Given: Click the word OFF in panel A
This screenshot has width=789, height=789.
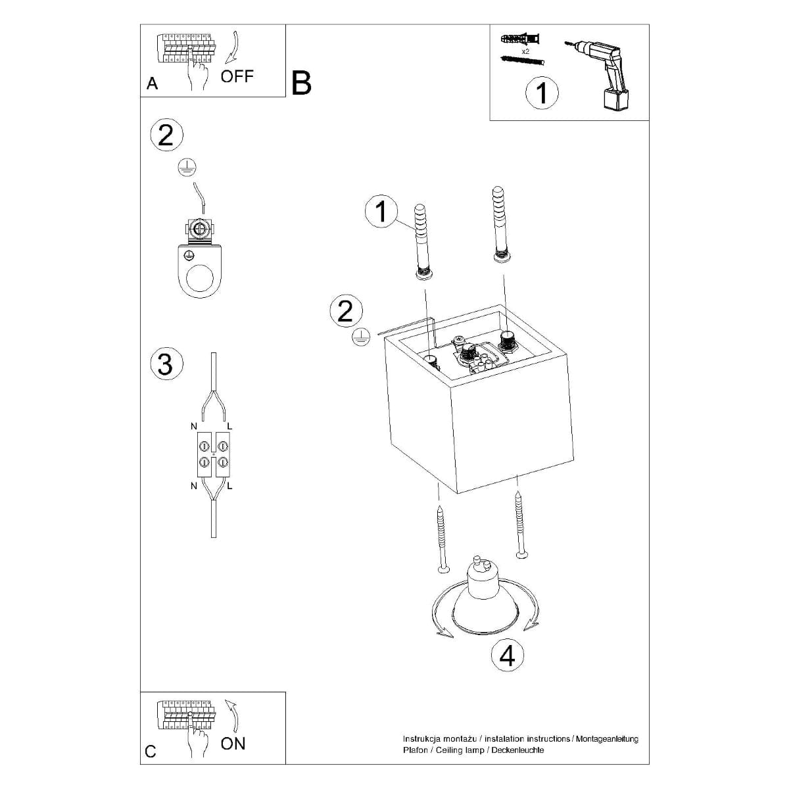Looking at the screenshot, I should coord(237,76).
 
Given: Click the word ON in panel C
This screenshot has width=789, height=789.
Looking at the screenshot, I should coord(233,744).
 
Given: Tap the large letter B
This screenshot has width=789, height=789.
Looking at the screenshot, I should coord(300,84).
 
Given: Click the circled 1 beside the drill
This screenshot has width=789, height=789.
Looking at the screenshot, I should coord(542,93).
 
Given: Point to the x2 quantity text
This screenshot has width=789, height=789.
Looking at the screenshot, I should coord(525,51).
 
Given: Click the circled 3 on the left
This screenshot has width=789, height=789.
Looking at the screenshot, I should coord(165,364).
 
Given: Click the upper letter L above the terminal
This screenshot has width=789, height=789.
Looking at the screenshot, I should coord(229,427).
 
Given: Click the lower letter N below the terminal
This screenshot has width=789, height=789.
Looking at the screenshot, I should coord(194,486).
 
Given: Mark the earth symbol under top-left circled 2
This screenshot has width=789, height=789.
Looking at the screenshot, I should coord(187,168).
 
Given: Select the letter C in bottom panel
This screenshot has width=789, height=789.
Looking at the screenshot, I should coord(151,751).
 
